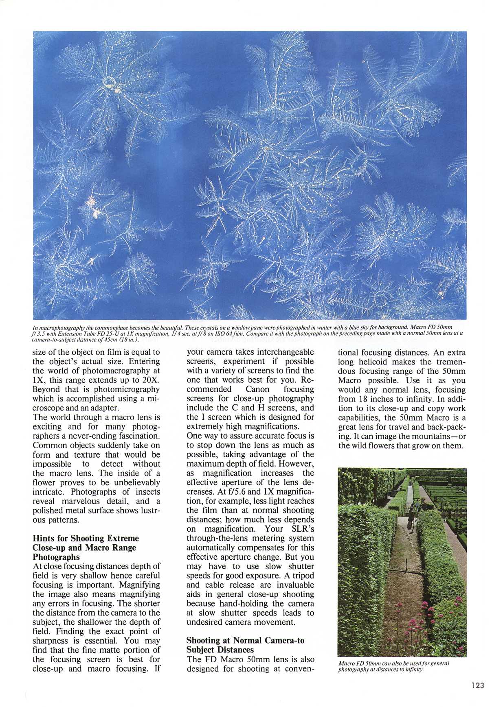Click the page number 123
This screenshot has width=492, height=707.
(x=478, y=685)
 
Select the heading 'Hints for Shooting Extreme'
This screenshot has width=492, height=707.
(x=86, y=539)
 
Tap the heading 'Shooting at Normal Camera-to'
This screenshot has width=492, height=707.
(x=245, y=641)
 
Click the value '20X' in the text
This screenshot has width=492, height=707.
(x=152, y=380)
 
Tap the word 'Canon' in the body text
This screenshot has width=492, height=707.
(x=257, y=389)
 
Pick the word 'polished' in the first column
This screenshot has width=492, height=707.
(x=48, y=511)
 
